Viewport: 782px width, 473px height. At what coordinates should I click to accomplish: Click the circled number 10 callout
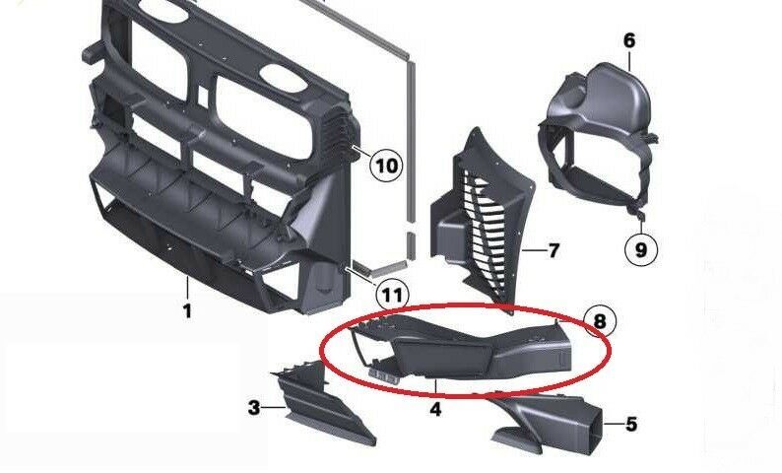(x=387, y=165)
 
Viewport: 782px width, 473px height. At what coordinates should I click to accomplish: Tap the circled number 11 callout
(x=392, y=294)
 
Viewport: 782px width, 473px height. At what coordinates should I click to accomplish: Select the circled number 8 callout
(x=600, y=319)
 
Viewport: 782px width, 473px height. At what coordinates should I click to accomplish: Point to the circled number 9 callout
(x=641, y=250)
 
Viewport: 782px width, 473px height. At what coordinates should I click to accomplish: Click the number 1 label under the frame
(x=187, y=311)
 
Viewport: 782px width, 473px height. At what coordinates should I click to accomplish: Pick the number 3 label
(x=254, y=407)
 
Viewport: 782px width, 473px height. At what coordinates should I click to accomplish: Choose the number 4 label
(x=435, y=406)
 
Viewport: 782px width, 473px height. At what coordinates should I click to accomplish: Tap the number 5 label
(x=631, y=425)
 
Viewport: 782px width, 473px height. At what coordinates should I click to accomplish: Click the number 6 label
(x=629, y=40)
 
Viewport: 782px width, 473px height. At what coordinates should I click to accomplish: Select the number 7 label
(x=554, y=251)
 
